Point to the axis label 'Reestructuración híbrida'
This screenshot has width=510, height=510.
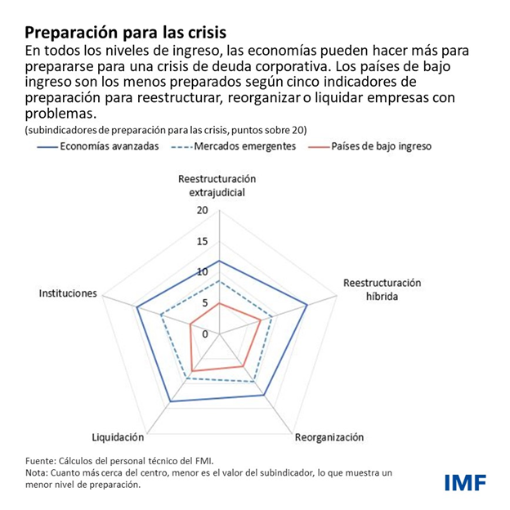382,289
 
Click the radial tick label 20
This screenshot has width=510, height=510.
204,210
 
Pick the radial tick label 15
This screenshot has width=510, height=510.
204,241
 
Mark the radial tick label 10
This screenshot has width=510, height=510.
204,272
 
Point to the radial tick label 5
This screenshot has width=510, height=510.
206,303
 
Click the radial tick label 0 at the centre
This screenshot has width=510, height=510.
206,333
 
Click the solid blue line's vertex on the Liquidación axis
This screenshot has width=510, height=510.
170,401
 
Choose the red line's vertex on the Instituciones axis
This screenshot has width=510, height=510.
190,324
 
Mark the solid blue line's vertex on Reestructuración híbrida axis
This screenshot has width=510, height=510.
306,306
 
